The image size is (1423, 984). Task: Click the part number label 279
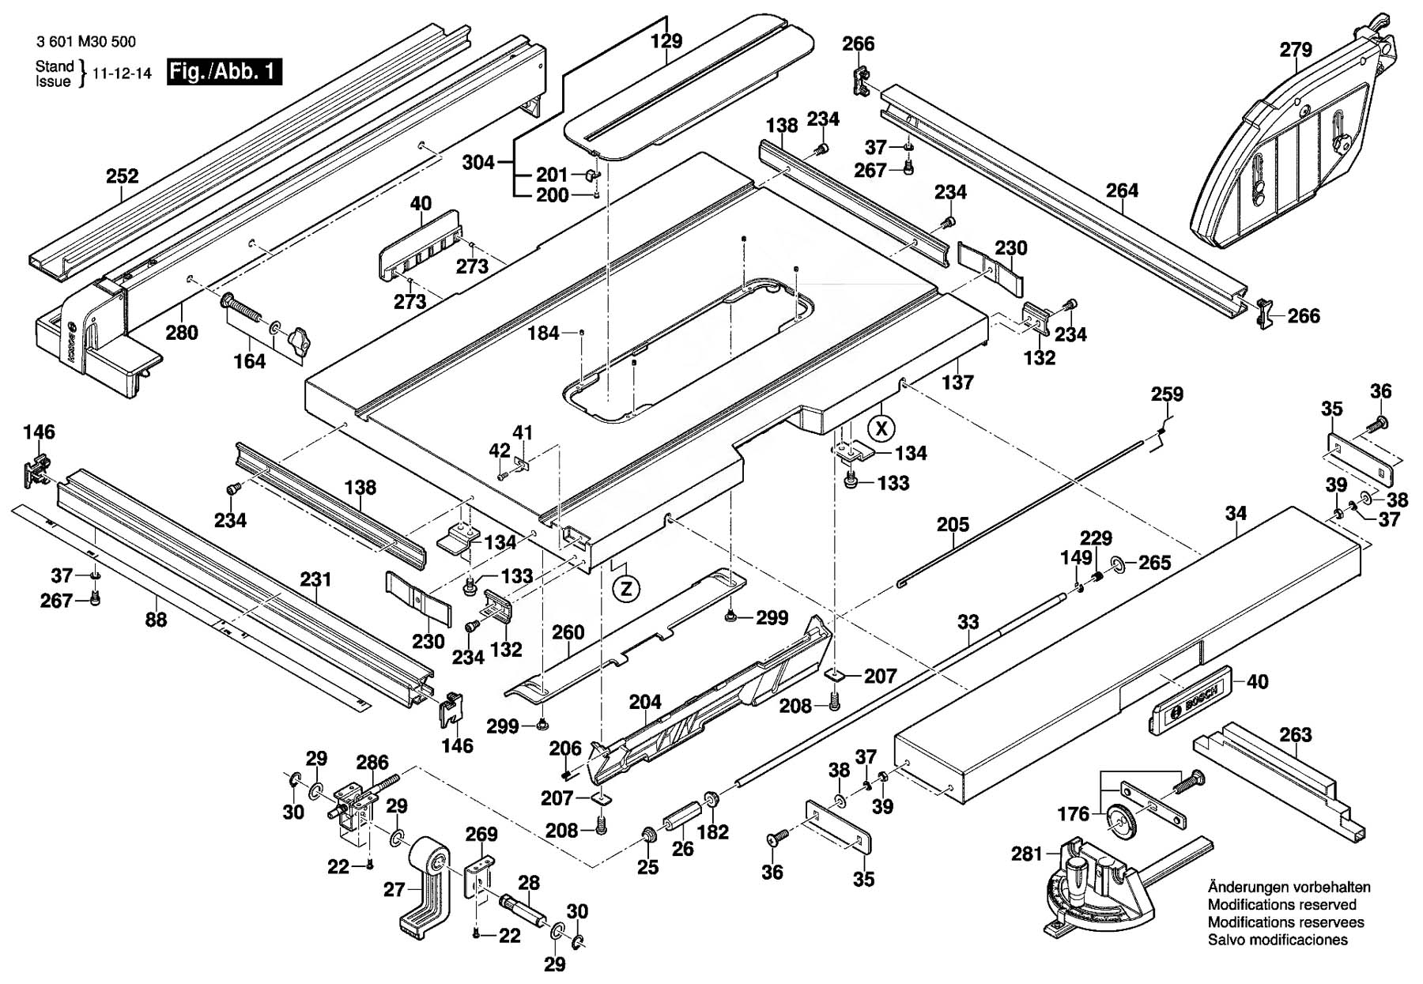[1296, 50]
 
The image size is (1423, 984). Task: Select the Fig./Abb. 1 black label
[225, 72]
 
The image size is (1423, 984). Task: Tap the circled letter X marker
[881, 428]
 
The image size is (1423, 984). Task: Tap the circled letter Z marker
[626, 589]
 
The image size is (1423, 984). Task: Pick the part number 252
[123, 176]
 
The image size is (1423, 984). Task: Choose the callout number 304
[478, 163]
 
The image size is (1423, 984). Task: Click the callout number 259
[1167, 394]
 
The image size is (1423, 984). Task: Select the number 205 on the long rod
[953, 525]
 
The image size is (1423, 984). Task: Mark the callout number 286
[372, 763]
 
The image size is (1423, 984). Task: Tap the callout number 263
[1295, 735]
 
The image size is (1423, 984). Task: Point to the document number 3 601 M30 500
[85, 42]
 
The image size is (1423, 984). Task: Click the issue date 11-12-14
[122, 74]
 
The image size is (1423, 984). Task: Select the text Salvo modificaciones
[1278, 940]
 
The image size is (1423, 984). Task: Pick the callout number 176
[1073, 813]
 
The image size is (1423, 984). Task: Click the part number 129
[666, 41]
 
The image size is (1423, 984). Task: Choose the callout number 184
[543, 334]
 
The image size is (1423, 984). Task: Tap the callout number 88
[156, 620]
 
